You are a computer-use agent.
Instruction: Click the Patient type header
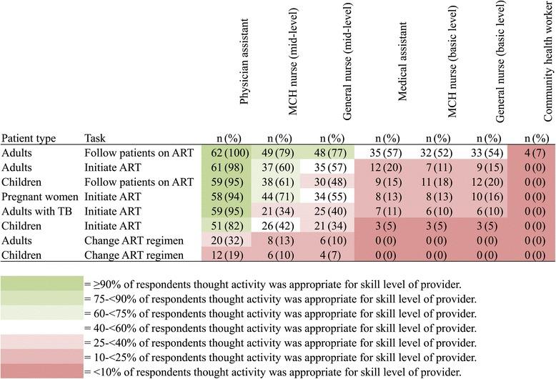(29, 137)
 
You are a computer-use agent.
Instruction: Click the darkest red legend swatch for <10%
(41, 370)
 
